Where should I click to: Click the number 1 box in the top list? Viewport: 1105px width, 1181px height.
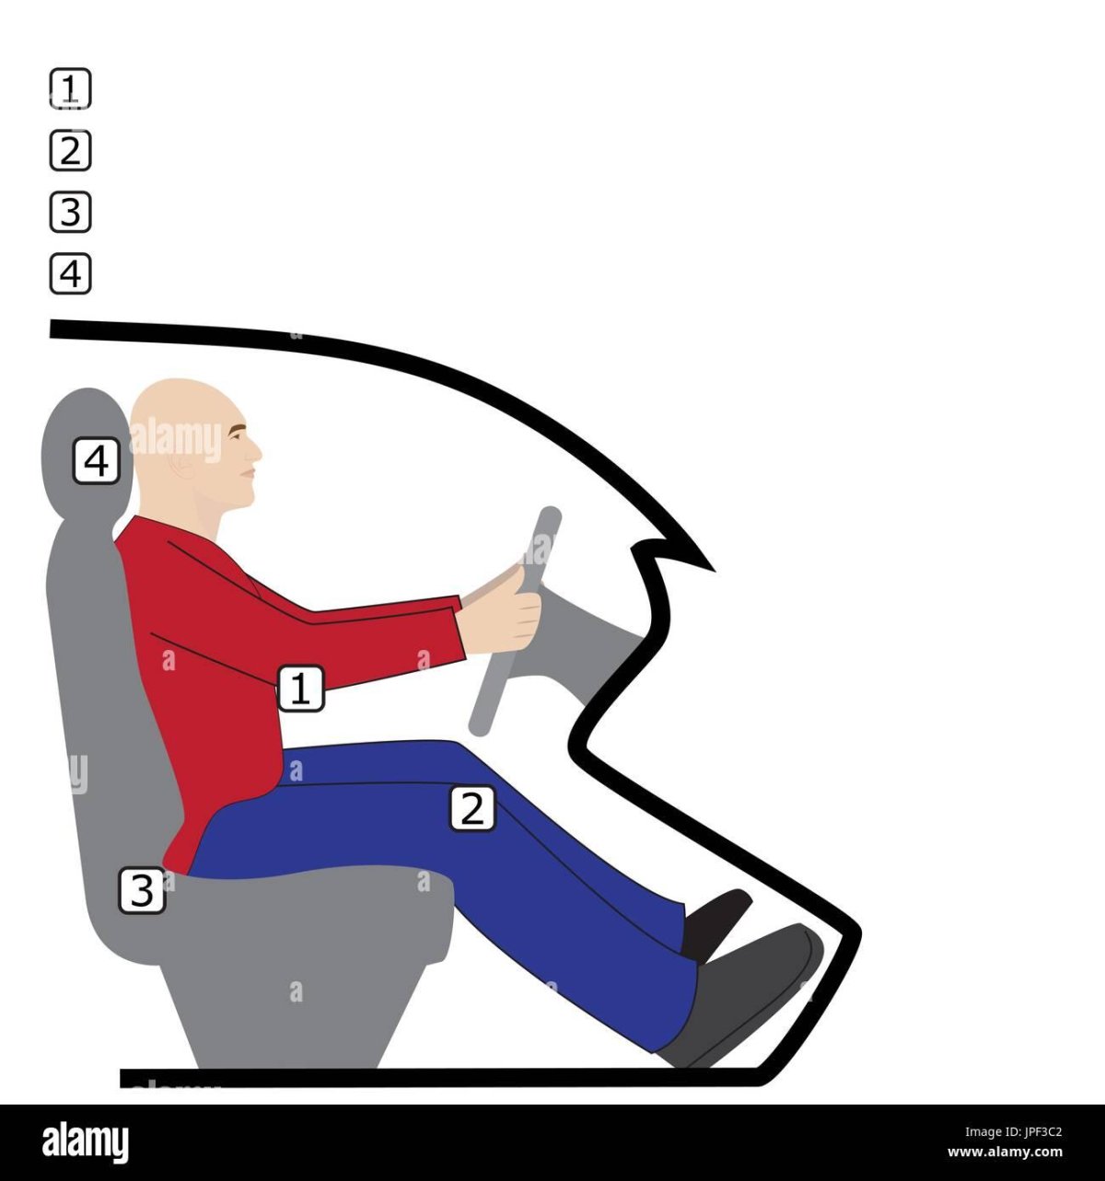70,88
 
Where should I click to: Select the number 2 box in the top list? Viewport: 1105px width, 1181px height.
70,150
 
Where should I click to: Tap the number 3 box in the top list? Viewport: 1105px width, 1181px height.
70,213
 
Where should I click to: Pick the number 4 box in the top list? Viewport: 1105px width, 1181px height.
70,274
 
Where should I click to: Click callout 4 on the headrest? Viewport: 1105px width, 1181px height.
97,461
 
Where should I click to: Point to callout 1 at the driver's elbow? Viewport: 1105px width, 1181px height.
301,688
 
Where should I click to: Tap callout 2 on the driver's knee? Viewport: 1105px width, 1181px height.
472,808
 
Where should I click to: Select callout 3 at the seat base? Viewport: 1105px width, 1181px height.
142,890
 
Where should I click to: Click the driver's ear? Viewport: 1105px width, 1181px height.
182,463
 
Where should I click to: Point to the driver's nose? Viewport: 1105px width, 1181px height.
256,450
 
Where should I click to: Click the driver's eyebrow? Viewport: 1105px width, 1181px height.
238,430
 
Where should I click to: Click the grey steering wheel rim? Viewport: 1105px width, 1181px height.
516,620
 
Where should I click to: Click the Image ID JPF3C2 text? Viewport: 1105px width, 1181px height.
1013,1131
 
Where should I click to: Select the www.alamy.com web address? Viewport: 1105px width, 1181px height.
1005,1152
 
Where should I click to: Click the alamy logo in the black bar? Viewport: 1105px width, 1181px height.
85,1141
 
